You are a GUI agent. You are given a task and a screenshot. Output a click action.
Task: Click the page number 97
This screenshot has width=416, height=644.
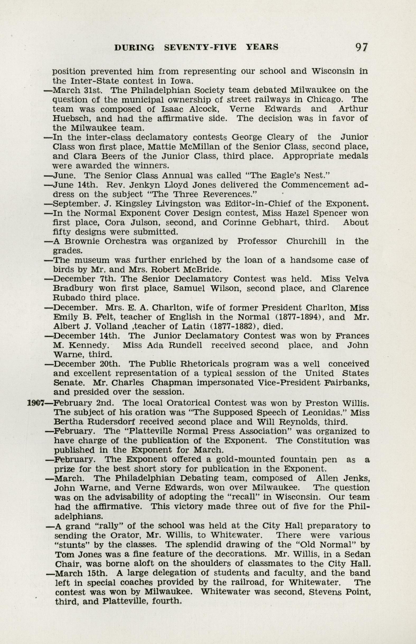(x=362, y=47)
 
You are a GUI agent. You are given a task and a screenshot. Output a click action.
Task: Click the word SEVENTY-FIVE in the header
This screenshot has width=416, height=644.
(x=200, y=47)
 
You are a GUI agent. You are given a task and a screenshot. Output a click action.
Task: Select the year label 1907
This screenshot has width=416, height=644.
(x=36, y=403)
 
